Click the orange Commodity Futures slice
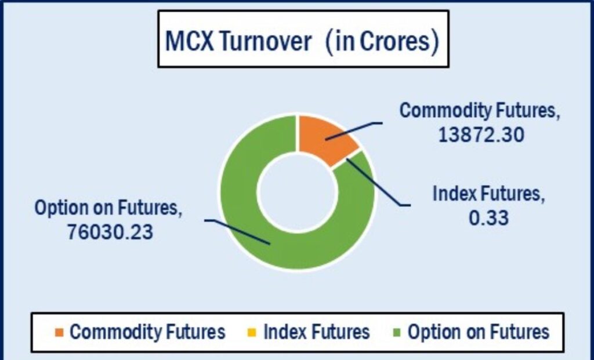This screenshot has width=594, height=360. tap(325, 138)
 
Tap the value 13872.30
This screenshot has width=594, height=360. tap(481, 134)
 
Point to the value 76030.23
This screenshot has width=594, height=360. tap(110, 232)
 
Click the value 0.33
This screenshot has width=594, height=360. tap(488, 218)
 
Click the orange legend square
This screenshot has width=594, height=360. tap(60, 333)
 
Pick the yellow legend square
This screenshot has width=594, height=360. tap(252, 333)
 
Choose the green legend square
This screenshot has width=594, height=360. tap(397, 333)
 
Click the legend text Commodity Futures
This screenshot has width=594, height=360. tap(147, 332)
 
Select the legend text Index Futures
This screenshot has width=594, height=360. tap(316, 332)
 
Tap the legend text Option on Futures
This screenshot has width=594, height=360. tap(479, 332)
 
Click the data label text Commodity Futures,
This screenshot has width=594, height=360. tap(480, 111)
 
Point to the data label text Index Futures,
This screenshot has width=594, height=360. tap(488, 194)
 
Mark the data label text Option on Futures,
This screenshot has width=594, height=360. tap(108, 208)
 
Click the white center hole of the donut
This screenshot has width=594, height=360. tap(298, 192)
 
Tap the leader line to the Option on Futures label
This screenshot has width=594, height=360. tap(237, 230)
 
